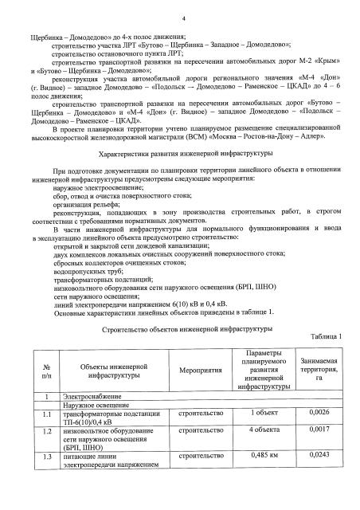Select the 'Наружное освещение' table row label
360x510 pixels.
point(92,406)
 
